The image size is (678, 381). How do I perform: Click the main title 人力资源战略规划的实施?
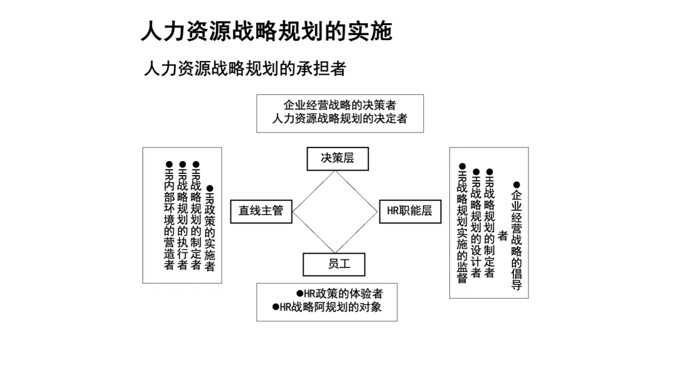pyautogui.click(x=266, y=31)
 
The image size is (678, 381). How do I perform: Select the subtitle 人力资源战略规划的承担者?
pyautogui.click(x=245, y=68)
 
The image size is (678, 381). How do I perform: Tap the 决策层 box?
pyautogui.click(x=337, y=158)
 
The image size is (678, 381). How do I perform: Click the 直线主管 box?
pyautogui.click(x=261, y=211)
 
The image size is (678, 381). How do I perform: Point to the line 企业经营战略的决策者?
pyautogui.click(x=340, y=105)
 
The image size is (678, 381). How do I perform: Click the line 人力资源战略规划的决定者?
pyautogui.click(x=340, y=118)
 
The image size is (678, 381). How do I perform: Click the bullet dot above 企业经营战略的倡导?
pyautogui.click(x=517, y=185)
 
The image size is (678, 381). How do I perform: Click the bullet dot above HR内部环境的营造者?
pyautogui.click(x=169, y=164)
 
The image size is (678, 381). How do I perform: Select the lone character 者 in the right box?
pyautogui.click(x=502, y=236)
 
